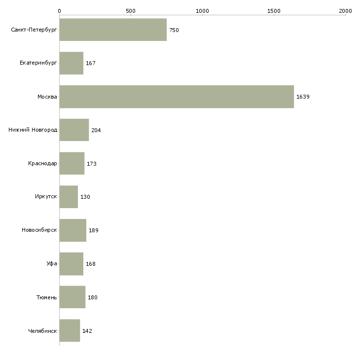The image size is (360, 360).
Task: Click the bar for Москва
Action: [177, 97]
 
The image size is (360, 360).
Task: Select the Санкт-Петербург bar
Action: [113, 30]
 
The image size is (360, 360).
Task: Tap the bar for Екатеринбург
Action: [72, 63]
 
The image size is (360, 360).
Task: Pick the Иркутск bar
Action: [69, 197]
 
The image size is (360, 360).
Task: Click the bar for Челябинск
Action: [70, 330]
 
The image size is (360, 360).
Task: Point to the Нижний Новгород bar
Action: [74, 130]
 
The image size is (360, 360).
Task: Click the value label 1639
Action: [303, 97]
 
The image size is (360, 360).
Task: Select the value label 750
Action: [174, 30]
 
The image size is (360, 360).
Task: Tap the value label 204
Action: [96, 130]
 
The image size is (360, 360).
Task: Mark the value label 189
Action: [94, 230]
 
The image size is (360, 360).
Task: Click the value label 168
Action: [91, 264]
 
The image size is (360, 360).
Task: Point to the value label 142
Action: [87, 331]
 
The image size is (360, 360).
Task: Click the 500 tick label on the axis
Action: [131, 11]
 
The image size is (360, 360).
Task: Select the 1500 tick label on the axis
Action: [274, 11]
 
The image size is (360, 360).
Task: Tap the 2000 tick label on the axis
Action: [345, 11]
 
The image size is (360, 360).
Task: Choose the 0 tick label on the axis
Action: [60, 11]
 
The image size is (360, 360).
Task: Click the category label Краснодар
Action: [42, 163]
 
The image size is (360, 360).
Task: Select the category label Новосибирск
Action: [39, 230]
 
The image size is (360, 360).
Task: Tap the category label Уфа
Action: [52, 263]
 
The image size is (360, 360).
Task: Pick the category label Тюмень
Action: [47, 297]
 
